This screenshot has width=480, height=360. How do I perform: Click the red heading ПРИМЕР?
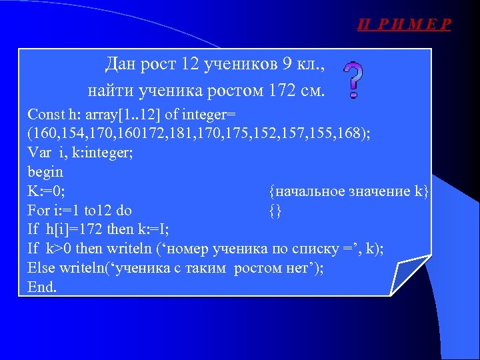pyautogui.click(x=404, y=25)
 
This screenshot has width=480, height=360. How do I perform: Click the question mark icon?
pyautogui.click(x=353, y=79)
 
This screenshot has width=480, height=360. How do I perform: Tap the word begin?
pyautogui.click(x=45, y=172)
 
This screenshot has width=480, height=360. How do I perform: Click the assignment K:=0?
pyautogui.click(x=46, y=191)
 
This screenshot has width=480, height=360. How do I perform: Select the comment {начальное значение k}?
pyautogui.click(x=349, y=191)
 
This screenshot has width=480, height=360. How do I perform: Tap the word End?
pyautogui.click(x=42, y=287)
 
